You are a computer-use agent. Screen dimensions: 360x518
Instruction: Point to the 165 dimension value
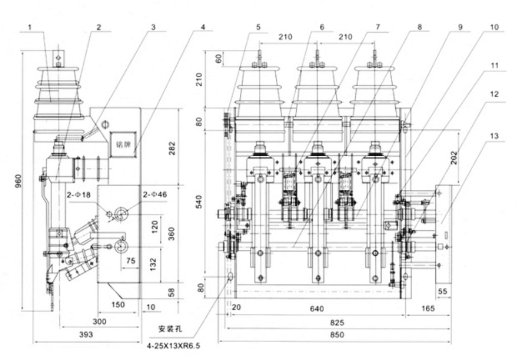[x=429, y=308]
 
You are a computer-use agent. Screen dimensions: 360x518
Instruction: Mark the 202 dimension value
[x=472, y=159]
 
